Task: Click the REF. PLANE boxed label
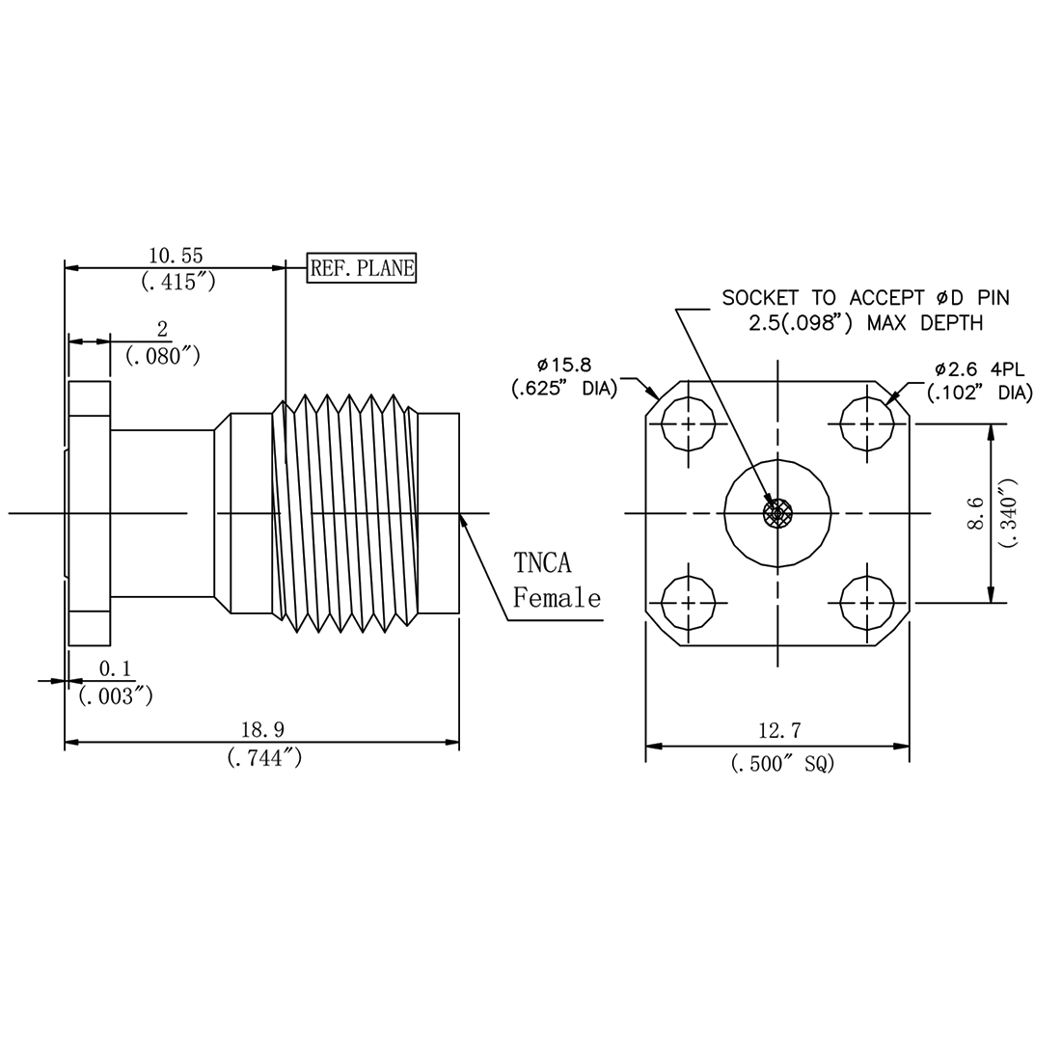click(x=362, y=269)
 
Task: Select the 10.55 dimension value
click(x=175, y=255)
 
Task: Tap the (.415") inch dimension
click(x=177, y=283)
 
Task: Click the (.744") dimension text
click(x=265, y=759)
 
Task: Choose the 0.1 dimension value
click(x=116, y=668)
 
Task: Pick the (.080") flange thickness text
click(x=163, y=356)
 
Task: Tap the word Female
click(x=557, y=598)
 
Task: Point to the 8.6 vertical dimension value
click(x=976, y=514)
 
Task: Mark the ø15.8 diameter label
click(x=564, y=365)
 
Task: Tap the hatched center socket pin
click(x=777, y=514)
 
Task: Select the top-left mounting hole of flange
click(x=690, y=424)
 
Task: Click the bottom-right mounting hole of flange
click(x=866, y=603)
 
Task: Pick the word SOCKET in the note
click(x=757, y=298)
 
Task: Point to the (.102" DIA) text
click(x=979, y=393)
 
